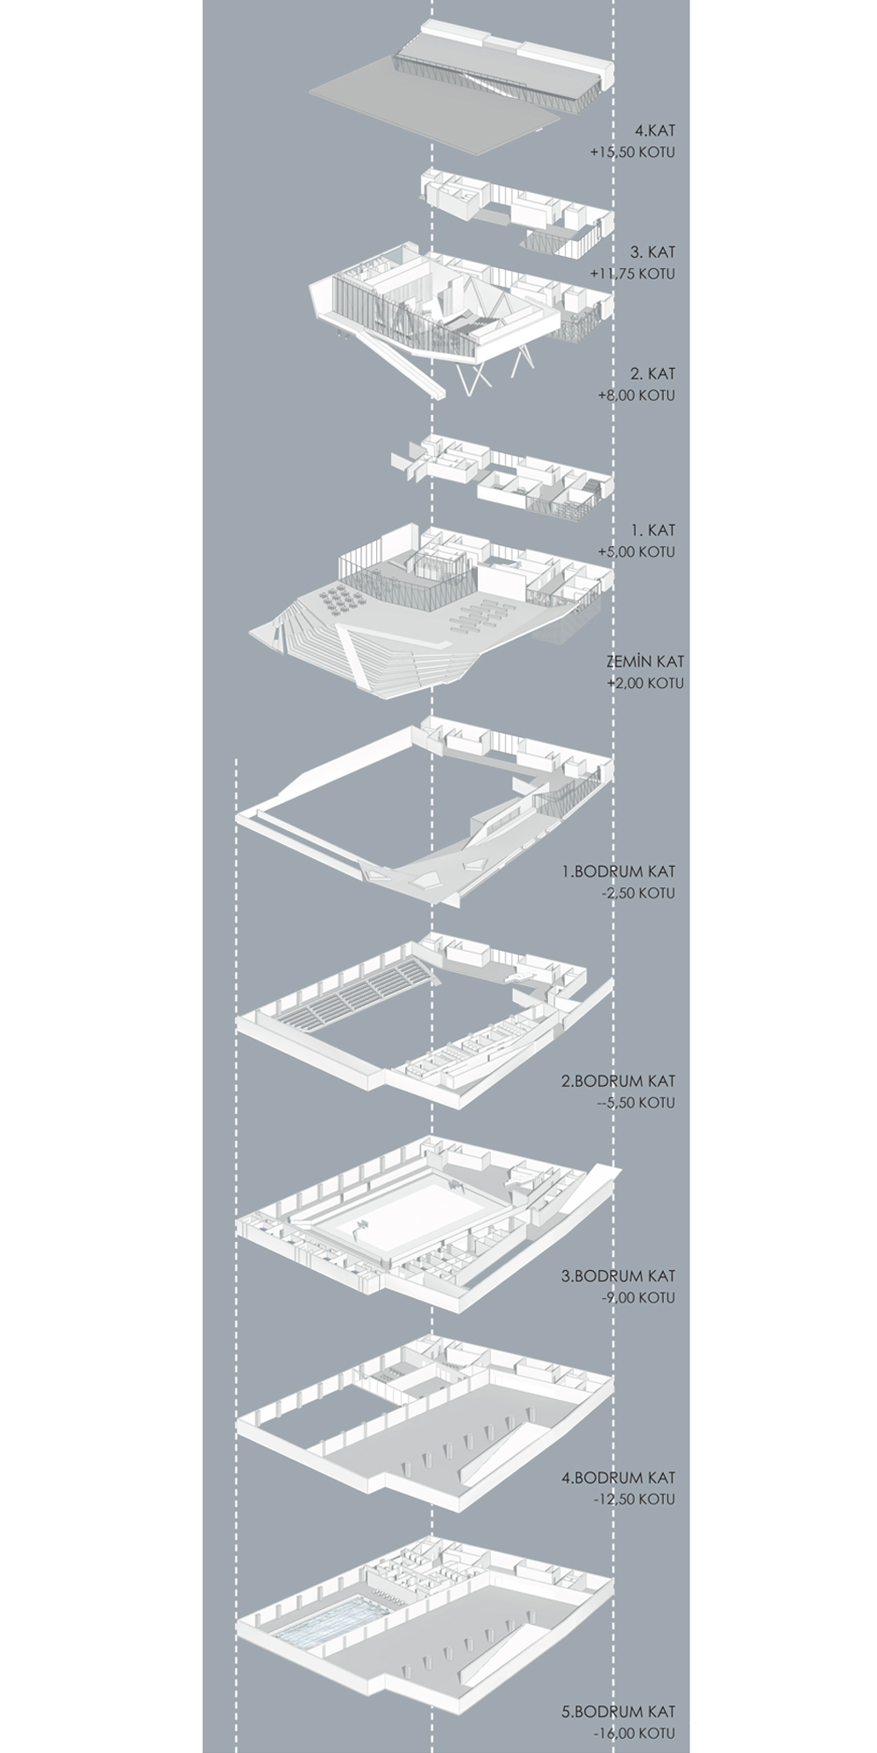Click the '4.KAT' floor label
655,131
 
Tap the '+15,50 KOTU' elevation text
632,153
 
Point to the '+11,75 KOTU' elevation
633,273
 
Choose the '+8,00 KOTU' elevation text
637,395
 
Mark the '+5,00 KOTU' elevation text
637,552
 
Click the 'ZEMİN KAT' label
645,661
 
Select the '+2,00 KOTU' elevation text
645,683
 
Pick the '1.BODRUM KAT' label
619,872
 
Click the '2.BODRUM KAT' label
619,1082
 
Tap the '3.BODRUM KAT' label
619,1276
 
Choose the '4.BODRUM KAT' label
619,1478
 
